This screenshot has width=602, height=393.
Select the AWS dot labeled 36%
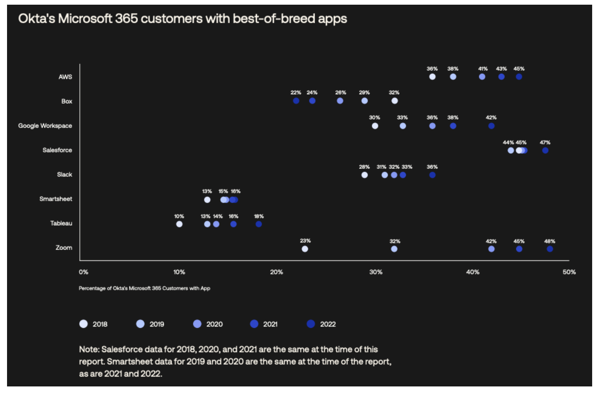coord(432,76)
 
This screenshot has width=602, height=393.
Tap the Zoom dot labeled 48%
coord(550,249)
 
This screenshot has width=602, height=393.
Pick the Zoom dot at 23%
coord(305,249)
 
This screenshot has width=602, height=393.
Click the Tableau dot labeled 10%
coord(179,224)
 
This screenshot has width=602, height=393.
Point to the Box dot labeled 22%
coord(296,101)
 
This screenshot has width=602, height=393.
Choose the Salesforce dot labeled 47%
coord(545,151)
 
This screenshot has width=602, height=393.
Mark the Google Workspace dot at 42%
coord(491,126)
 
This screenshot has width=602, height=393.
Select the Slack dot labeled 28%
coord(365,175)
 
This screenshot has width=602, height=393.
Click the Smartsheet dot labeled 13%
coord(207,200)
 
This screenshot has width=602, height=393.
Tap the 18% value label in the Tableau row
coord(259,216)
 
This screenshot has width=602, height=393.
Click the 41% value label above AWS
coord(483,68)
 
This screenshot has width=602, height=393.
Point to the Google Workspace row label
coord(45,126)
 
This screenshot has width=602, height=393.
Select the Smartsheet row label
coord(56,199)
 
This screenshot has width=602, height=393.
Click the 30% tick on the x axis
coord(376,272)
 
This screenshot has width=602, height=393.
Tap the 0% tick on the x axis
coord(83,272)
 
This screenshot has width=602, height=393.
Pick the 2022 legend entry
coord(322,324)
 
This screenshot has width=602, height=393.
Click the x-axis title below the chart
coord(144,288)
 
